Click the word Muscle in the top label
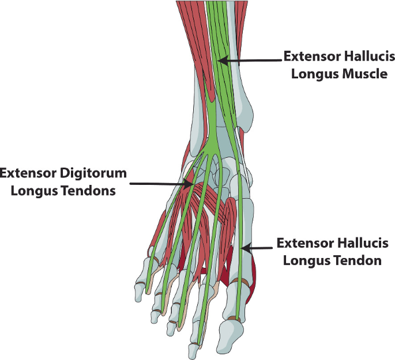[x=360, y=74]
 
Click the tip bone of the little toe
[x=140, y=291]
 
